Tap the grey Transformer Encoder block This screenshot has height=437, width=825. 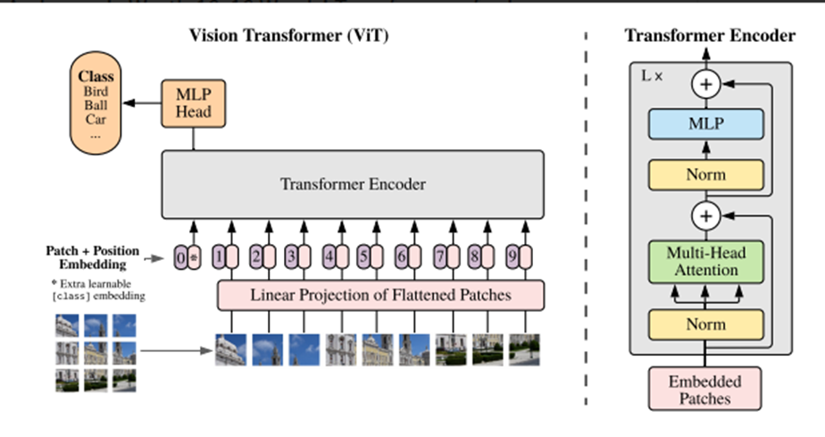(353, 186)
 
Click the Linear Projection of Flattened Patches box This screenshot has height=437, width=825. (380, 294)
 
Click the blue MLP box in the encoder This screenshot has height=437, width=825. (706, 124)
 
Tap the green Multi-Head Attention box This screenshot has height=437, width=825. (706, 261)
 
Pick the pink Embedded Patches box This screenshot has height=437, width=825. (705, 391)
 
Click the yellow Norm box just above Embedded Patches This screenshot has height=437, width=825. (706, 325)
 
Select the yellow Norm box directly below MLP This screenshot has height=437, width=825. (706, 175)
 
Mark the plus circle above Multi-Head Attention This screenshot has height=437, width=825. (706, 216)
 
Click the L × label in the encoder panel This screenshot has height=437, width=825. (653, 76)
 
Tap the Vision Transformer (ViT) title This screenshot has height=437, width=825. (289, 36)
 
